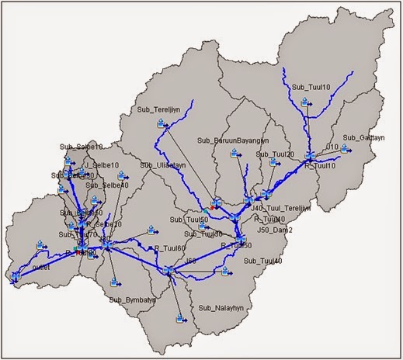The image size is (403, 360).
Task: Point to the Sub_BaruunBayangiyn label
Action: tap(233, 140)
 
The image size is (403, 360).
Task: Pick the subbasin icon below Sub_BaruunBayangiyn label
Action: tap(234, 155)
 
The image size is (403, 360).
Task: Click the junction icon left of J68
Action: tap(166, 270)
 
